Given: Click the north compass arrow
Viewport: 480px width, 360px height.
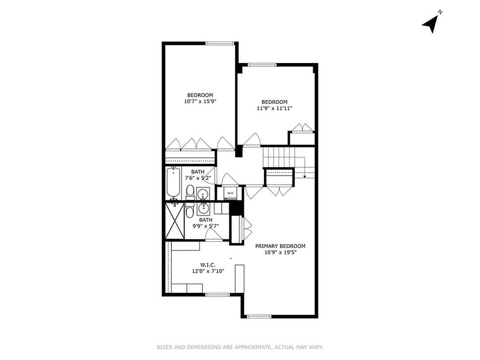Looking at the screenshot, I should pos(431,23).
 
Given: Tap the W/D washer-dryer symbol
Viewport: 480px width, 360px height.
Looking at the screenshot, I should pos(230,193).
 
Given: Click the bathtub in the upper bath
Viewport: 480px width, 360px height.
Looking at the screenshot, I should pos(174,183).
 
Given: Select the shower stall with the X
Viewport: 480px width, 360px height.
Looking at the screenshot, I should pos(175,220).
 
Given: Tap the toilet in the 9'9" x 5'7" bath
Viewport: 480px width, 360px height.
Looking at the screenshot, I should pos(190,211).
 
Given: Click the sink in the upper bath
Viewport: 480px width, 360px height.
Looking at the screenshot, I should pos(203,194).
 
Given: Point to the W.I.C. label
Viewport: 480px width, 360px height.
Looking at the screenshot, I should pos(207,264).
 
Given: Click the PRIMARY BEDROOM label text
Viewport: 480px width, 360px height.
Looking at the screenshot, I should pos(280,246).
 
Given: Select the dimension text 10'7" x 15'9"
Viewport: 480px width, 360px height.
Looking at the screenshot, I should pos(200,102).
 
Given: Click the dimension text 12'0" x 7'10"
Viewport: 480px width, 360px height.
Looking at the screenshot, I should pos(207,271).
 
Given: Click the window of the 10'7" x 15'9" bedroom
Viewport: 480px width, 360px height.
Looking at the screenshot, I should pos(220,44).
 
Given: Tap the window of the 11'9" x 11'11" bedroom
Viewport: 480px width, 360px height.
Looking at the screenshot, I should pos(262,65).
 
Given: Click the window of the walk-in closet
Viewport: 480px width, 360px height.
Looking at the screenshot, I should pos(218,295).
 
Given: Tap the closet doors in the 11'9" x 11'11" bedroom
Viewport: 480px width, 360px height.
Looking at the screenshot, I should pos(301,129).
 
